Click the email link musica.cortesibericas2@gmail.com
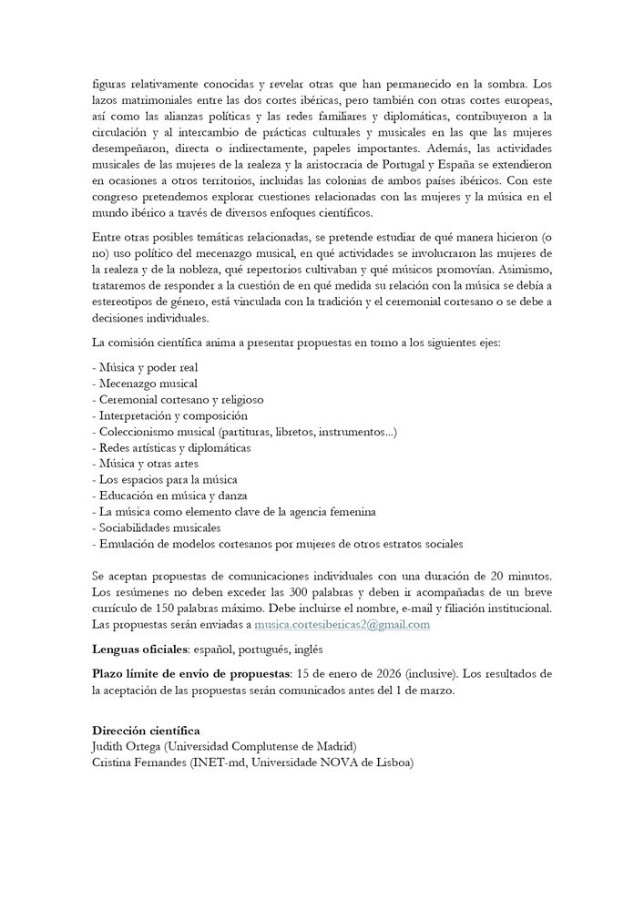(x=341, y=624)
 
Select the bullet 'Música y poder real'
(x=146, y=367)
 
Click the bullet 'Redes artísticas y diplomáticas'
(x=172, y=447)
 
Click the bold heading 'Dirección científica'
(x=146, y=730)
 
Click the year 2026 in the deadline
(x=383, y=674)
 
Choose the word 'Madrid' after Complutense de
(x=335, y=746)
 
